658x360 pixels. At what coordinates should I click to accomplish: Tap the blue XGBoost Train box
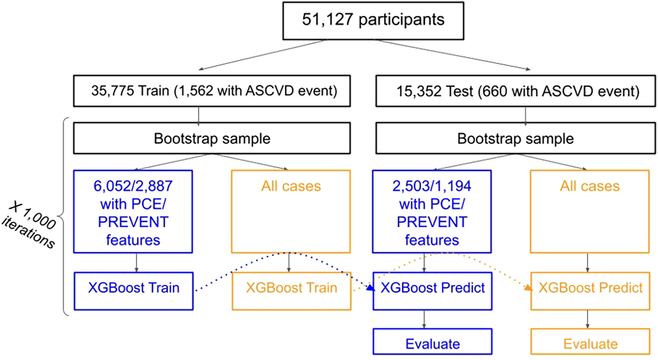coord(133,287)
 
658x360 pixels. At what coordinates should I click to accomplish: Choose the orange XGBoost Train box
coord(291,287)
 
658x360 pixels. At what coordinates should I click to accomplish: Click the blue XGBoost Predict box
coord(432,287)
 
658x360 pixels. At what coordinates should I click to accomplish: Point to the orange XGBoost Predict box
coord(590,287)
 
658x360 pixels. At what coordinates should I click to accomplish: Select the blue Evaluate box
coord(432,344)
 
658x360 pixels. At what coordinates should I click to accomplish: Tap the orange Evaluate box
coord(590,344)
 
